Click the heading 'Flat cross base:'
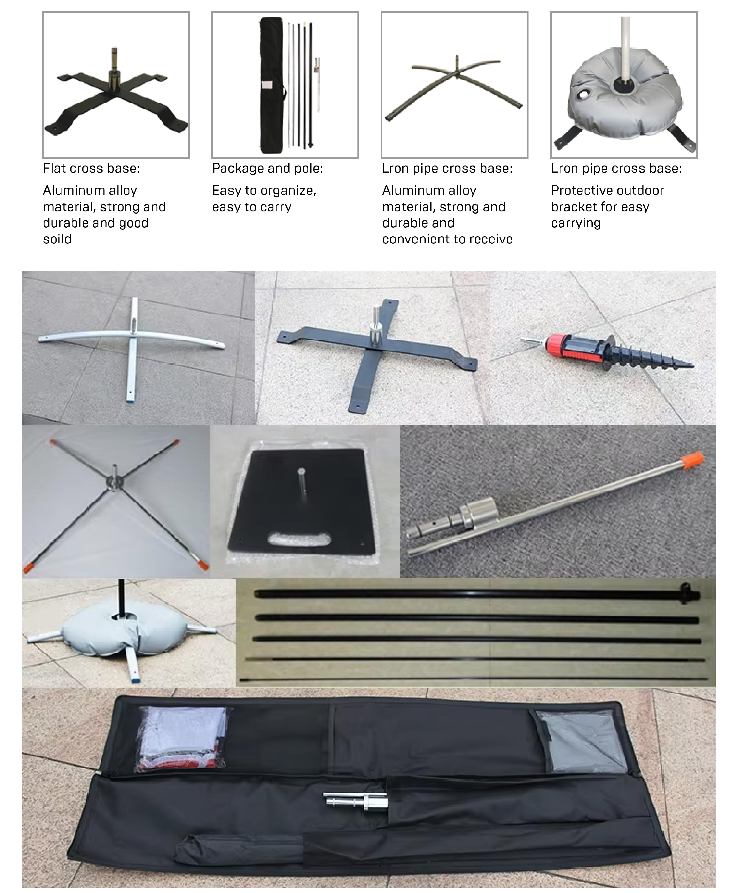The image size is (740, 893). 91,168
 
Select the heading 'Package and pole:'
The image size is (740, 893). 267,168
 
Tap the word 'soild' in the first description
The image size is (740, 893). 57,239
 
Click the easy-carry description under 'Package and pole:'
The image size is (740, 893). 264,199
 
